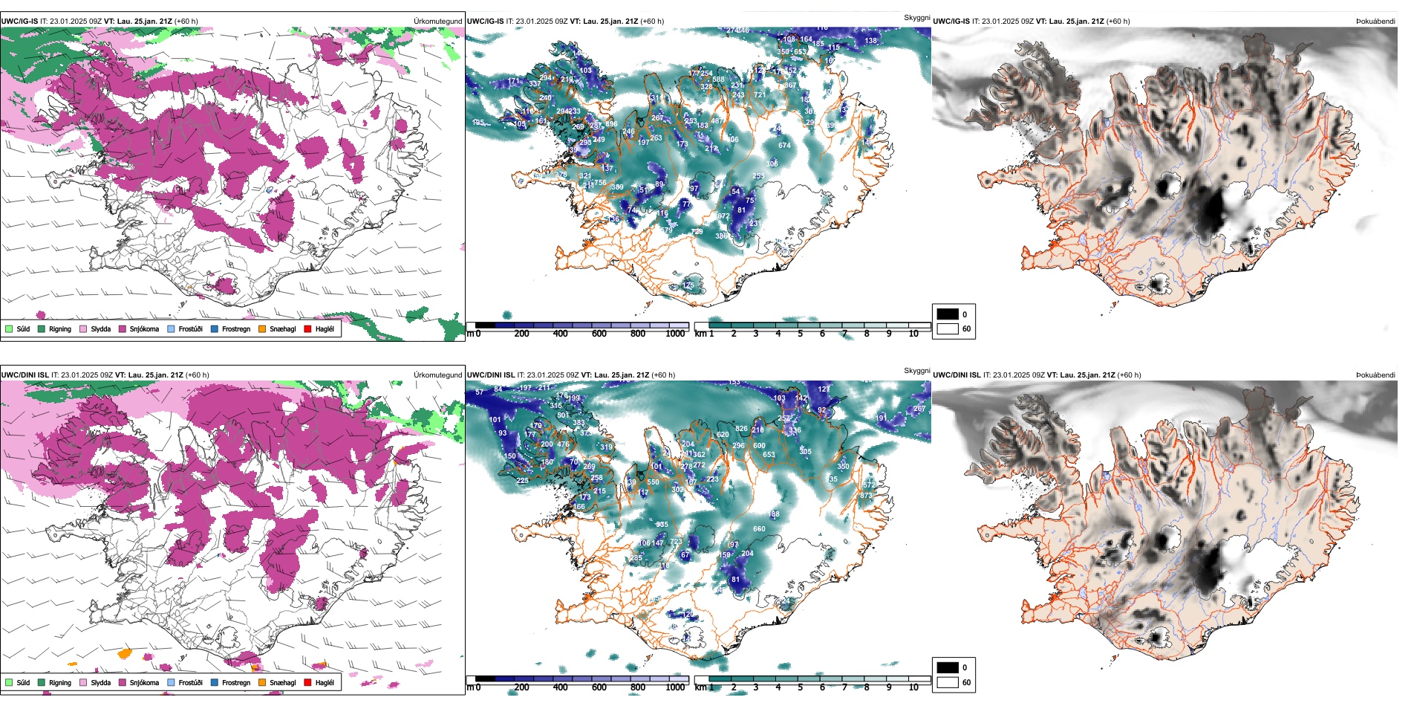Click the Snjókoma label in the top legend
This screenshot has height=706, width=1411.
tap(144, 328)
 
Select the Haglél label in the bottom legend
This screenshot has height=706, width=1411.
tap(325, 682)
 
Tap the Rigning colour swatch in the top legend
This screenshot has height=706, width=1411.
tap(42, 328)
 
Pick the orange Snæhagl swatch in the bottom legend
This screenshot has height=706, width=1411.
tap(262, 682)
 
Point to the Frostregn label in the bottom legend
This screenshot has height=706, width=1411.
tap(236, 682)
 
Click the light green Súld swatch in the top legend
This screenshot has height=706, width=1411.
tap(9, 328)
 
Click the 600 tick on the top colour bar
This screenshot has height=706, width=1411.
tap(599, 334)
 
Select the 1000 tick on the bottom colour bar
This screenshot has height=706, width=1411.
tap(675, 687)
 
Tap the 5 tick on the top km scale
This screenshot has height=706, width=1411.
tap(800, 334)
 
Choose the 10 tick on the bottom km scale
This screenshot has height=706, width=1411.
tap(913, 687)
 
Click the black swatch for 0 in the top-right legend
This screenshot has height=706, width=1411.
tap(948, 314)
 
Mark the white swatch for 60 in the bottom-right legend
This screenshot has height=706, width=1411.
tap(948, 682)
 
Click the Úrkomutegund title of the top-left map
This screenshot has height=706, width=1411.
tap(438, 22)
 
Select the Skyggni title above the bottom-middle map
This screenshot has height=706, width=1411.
tap(916, 370)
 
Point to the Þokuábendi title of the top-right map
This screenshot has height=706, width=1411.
tap(1375, 22)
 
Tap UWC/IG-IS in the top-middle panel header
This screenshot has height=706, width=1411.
tap(485, 22)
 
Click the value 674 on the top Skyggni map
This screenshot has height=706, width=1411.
tap(784, 146)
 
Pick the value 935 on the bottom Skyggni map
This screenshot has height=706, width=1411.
tap(662, 525)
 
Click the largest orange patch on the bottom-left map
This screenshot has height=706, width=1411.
tap(125, 654)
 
